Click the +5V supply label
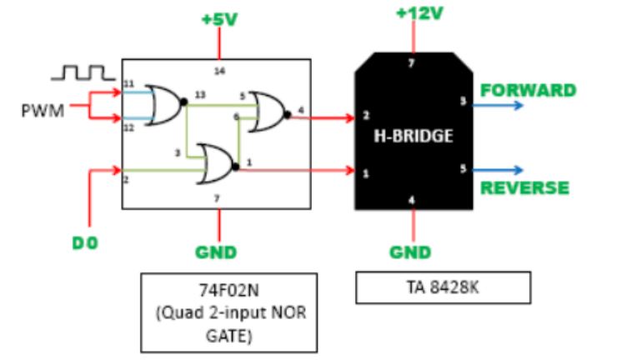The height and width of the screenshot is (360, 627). [x=219, y=18]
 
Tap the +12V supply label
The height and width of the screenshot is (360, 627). [x=414, y=14]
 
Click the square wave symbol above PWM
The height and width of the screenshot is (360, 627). [x=81, y=73]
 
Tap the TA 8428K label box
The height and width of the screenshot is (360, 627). [x=442, y=289]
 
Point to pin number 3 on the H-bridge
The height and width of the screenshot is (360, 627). [x=463, y=102]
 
